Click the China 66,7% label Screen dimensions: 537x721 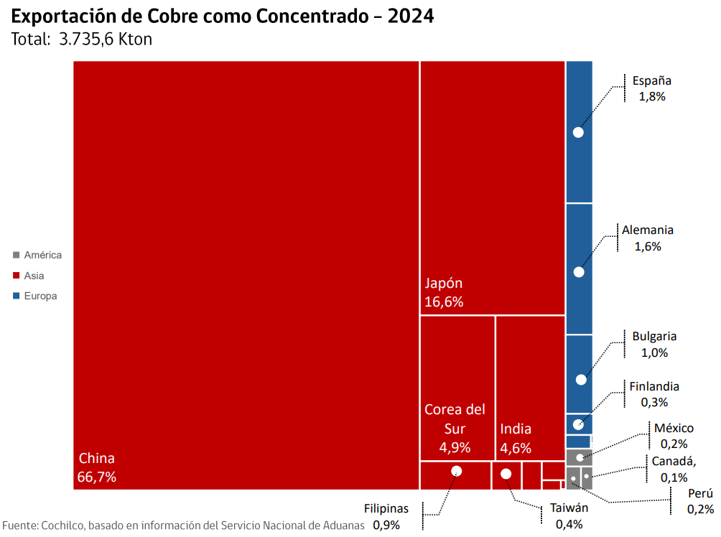(x=97, y=467)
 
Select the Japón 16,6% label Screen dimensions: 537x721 (x=444, y=292)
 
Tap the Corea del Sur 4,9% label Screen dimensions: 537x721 (x=455, y=429)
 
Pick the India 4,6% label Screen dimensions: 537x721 (x=516, y=438)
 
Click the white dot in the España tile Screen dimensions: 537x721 (x=578, y=132)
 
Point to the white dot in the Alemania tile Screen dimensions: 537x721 (x=579, y=272)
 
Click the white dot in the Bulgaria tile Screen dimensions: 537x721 (x=581, y=379)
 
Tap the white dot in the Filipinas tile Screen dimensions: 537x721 (x=456, y=471)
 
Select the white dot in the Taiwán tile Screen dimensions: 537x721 (x=506, y=474)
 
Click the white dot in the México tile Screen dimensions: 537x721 (x=580, y=457)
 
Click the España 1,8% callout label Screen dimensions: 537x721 (x=651, y=88)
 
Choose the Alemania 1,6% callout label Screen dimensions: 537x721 (x=647, y=238)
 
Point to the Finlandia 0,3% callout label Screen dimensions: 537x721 (x=653, y=394)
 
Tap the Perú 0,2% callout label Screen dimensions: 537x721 (x=699, y=501)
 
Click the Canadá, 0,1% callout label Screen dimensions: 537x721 (x=674, y=469)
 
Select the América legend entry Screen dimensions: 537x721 (x=42, y=255)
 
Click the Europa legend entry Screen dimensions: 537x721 (x=40, y=296)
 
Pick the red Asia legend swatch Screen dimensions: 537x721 (x=16, y=276)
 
